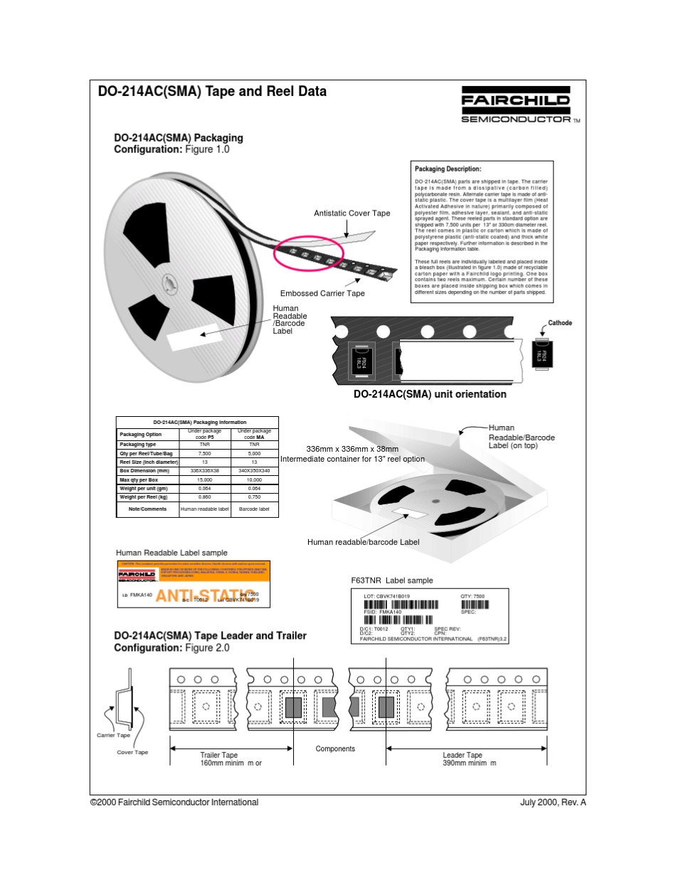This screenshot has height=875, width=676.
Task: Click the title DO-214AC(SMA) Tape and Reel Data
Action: click(x=212, y=92)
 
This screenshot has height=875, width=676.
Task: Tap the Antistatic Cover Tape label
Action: click(x=352, y=213)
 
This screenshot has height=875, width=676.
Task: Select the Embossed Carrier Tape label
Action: click(x=322, y=294)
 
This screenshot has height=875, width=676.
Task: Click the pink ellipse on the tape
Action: click(x=309, y=253)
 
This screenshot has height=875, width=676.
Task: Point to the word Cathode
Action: click(x=559, y=323)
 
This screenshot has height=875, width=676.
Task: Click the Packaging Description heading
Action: click(x=448, y=169)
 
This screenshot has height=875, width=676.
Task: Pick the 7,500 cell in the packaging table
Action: click(x=204, y=453)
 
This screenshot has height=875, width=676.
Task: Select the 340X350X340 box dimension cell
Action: click(x=254, y=471)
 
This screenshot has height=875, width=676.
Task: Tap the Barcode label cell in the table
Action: click(x=254, y=509)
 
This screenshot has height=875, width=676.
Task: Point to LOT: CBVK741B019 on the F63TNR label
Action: click(x=386, y=596)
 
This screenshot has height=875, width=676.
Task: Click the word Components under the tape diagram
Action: click(x=335, y=749)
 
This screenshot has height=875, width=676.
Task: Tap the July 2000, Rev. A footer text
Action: click(x=553, y=802)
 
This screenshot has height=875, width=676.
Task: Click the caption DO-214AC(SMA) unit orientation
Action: click(x=430, y=394)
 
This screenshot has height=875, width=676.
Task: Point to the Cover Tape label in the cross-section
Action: click(x=132, y=753)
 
